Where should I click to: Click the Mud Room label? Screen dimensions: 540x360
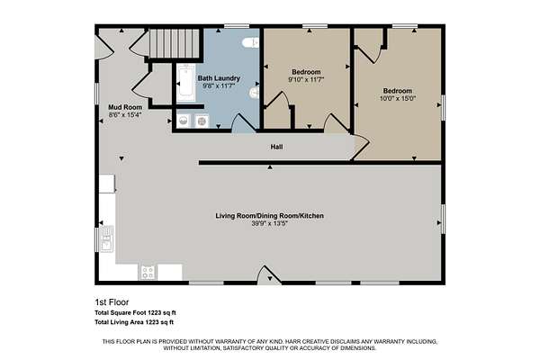coord(125,107)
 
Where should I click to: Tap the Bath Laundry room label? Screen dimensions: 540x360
coord(219,78)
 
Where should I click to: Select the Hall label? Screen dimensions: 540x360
coord(276,147)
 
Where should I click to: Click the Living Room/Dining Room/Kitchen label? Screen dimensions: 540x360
coord(270,216)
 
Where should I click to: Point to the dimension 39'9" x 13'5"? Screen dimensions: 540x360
coord(270,223)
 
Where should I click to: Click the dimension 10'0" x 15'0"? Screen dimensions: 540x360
coord(398,98)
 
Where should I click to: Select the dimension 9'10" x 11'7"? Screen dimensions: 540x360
coord(306,79)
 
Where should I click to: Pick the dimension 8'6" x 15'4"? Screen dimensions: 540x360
coord(125,114)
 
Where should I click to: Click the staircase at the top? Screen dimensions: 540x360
coord(175,43)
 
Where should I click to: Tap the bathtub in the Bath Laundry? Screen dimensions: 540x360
coord(186,83)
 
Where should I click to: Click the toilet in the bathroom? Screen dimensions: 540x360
coord(251,42)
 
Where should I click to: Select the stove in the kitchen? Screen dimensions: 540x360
coord(148,273)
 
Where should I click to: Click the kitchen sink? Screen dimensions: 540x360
coord(107,238)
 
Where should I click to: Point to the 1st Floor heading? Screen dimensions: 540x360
coord(112,302)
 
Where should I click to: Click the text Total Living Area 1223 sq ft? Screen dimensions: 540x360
coord(134,322)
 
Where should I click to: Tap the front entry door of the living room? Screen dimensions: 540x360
coord(269,275)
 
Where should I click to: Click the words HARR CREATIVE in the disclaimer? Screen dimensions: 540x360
coord(307,341)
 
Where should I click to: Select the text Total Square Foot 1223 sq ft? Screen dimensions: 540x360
coord(135,313)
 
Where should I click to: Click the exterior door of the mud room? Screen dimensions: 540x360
coord(104,47)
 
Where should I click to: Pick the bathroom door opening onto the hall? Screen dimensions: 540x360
coord(244,123)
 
